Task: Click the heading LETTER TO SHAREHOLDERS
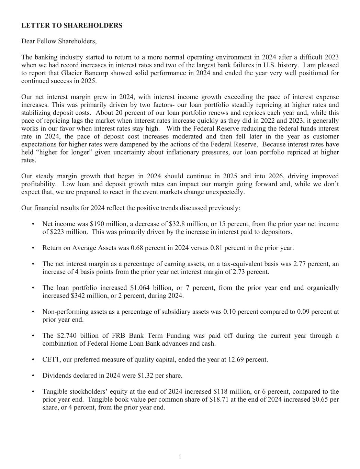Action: [x=72, y=26]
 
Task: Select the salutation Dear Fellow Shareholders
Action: [x=59, y=42]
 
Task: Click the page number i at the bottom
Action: [x=180, y=456]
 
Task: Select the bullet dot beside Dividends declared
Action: [x=33, y=376]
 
